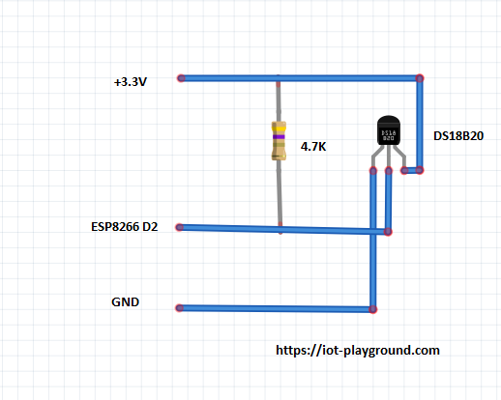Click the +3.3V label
pyautogui.click(x=131, y=82)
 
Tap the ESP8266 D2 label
pyautogui.click(x=125, y=227)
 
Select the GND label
pyautogui.click(x=125, y=302)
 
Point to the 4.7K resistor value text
pyautogui.click(x=313, y=147)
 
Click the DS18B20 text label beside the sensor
pyautogui.click(x=458, y=136)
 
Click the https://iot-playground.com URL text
pyautogui.click(x=358, y=350)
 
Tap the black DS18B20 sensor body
pyautogui.click(x=389, y=130)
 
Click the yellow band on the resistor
pyautogui.click(x=279, y=129)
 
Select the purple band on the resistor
pyautogui.click(x=279, y=137)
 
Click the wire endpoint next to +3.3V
pyautogui.click(x=181, y=78)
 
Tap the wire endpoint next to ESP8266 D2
pyautogui.click(x=180, y=227)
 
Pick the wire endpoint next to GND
pyautogui.click(x=180, y=308)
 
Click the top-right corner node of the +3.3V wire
pyautogui.click(x=420, y=78)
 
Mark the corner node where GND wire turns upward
pyautogui.click(x=373, y=309)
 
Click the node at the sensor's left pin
pyautogui.click(x=373, y=171)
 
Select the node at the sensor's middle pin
pyautogui.click(x=389, y=171)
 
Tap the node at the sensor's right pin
pyautogui.click(x=404, y=170)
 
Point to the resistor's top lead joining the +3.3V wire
pyautogui.click(x=279, y=84)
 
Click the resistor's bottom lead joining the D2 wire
pyautogui.click(x=280, y=225)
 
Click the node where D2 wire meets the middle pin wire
pyautogui.click(x=388, y=232)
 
